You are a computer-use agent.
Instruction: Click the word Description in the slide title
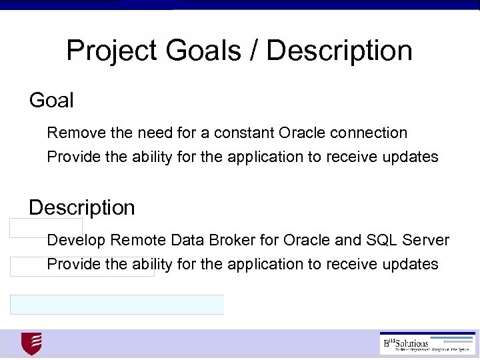tap(339, 51)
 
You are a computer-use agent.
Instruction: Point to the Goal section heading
tap(51, 101)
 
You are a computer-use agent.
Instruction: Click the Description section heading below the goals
tap(81, 207)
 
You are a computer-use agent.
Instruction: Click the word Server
tap(426, 239)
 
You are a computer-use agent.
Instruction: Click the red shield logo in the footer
tap(31, 343)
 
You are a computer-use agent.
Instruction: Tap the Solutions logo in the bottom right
tap(426, 343)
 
